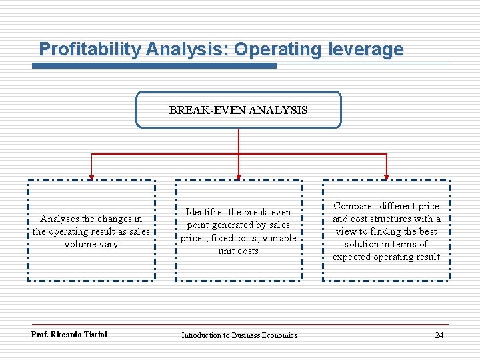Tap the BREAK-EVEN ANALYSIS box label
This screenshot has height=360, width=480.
pyautogui.click(x=238, y=110)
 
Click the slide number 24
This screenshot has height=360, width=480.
pyautogui.click(x=439, y=335)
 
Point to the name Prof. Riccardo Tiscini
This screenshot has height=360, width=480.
pyautogui.click(x=69, y=335)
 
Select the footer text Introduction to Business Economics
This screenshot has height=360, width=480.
pyautogui.click(x=239, y=335)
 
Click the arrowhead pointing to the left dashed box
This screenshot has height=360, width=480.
pyautogui.click(x=91, y=177)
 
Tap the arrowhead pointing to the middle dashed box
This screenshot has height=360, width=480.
pyautogui.click(x=239, y=177)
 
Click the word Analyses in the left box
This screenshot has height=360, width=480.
pyautogui.click(x=59, y=219)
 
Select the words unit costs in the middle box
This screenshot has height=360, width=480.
pyautogui.click(x=238, y=251)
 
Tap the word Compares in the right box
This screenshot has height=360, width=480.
pyautogui.click(x=355, y=206)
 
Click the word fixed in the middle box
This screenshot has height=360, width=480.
pyautogui.click(x=219, y=238)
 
